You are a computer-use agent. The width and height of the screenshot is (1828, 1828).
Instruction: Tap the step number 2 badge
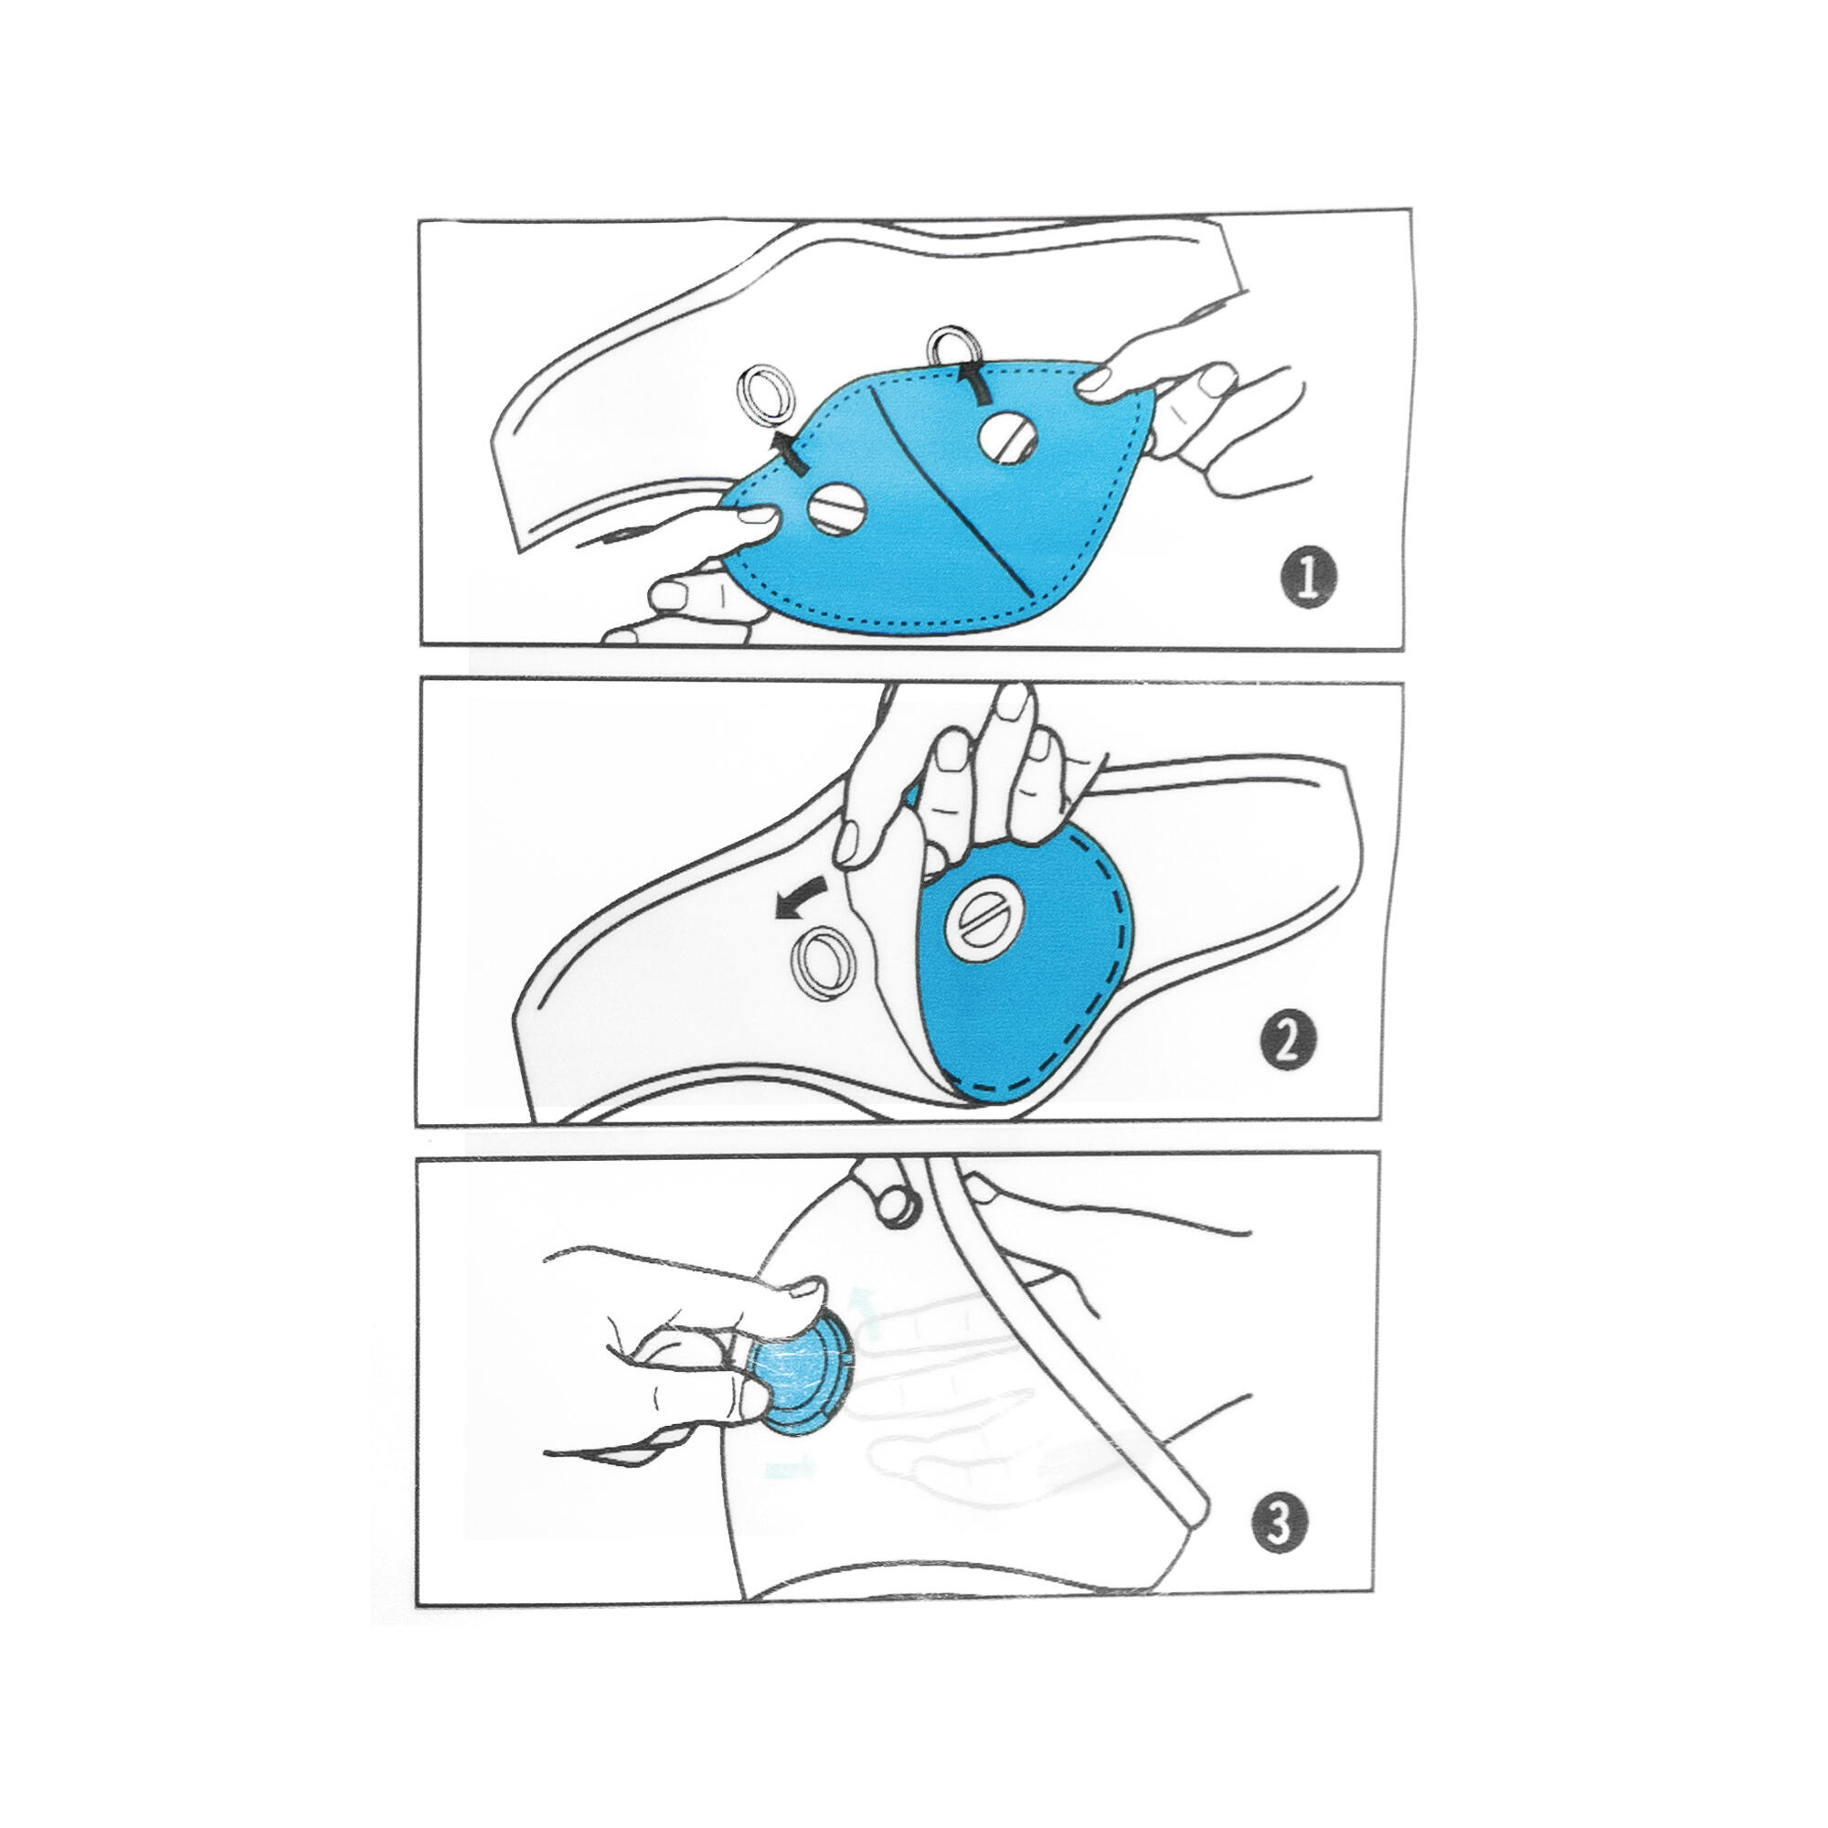point(1289,1042)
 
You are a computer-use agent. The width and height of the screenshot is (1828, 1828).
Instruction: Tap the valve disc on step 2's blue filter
point(985,917)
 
